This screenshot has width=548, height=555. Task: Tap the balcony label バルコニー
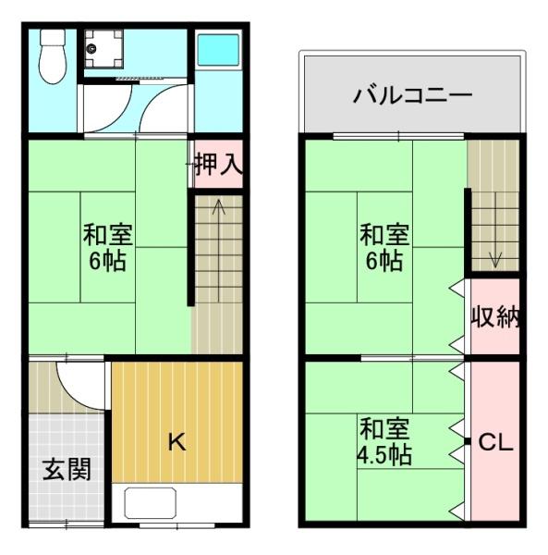[x=412, y=95]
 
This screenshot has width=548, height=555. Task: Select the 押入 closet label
[x=218, y=166]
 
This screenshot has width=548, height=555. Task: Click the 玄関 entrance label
[x=66, y=470]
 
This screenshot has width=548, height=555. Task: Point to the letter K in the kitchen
[x=177, y=442]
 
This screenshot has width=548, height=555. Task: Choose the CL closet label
[x=494, y=443]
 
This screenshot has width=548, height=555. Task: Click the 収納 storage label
[x=495, y=317]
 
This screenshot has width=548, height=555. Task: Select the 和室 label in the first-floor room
[x=106, y=234]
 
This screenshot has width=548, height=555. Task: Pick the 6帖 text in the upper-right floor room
[x=384, y=261]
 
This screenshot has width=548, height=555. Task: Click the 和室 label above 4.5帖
[x=384, y=430]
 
